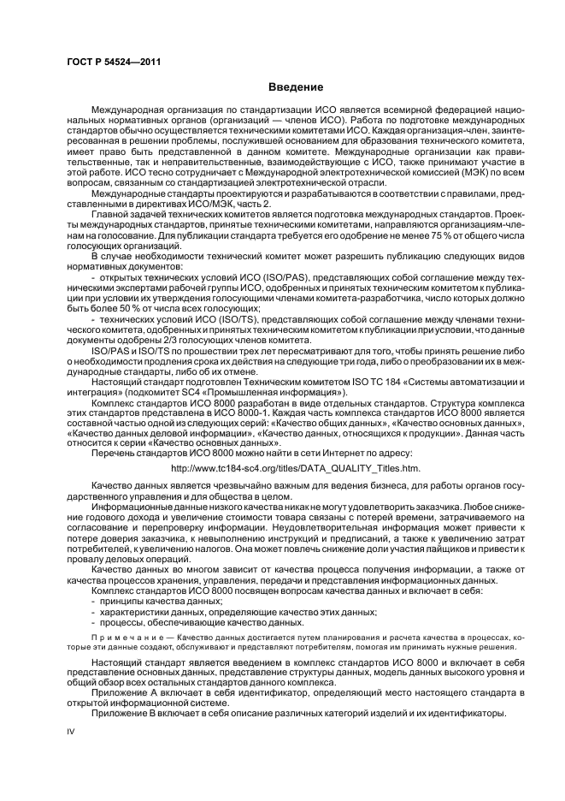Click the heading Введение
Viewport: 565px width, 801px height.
tap(295, 87)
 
